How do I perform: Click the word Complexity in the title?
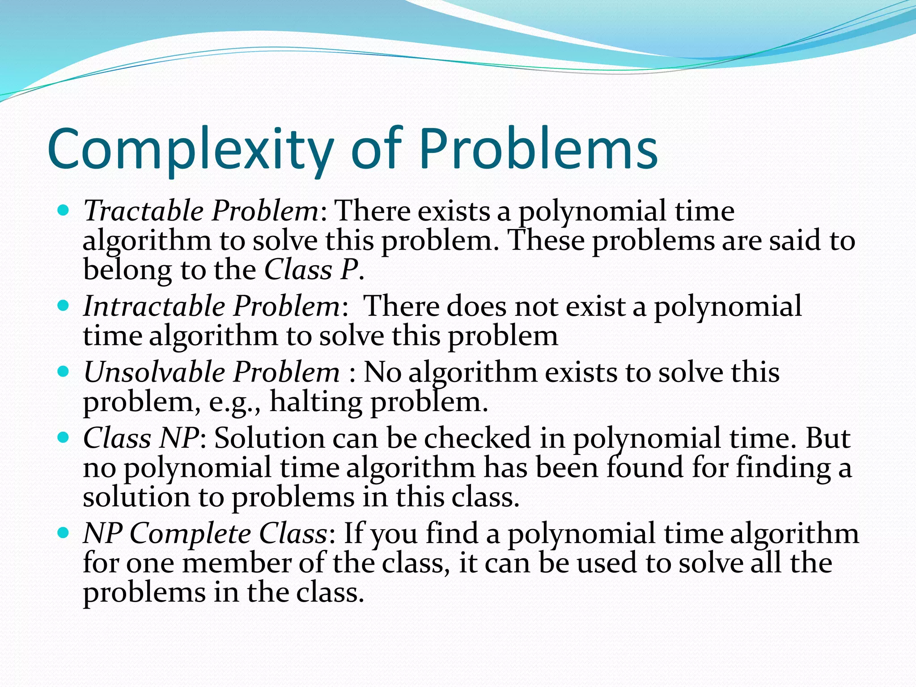tap(190, 150)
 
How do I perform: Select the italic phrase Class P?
tap(311, 270)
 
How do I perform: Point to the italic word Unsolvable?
tap(154, 372)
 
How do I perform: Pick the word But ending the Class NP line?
tap(827, 438)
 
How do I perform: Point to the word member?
tap(237, 563)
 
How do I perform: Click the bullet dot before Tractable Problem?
tap(64, 210)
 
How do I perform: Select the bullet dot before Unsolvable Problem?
tap(64, 371)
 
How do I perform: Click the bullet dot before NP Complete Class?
tap(64, 533)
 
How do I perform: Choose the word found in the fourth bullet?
tap(645, 468)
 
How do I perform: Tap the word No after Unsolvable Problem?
tap(382, 372)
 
